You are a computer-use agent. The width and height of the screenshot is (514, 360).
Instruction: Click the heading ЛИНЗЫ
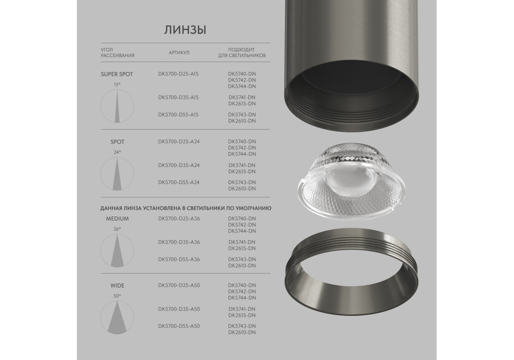point(185,30)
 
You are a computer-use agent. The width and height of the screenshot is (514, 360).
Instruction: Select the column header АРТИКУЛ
point(179,53)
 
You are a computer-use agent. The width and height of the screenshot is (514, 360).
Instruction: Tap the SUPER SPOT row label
point(117,74)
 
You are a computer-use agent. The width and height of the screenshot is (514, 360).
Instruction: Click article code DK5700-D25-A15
point(179,74)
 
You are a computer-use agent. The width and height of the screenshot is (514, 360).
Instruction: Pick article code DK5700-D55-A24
point(179,182)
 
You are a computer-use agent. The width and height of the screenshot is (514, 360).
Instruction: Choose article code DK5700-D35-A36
point(179,242)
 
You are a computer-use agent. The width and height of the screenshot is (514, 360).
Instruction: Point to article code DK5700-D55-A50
point(179,326)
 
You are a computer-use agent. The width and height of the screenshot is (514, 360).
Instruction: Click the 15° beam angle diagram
point(117,106)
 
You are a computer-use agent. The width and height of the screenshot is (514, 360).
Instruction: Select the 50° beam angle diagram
point(117,318)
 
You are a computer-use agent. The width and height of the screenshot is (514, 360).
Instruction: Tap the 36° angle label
point(117,229)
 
